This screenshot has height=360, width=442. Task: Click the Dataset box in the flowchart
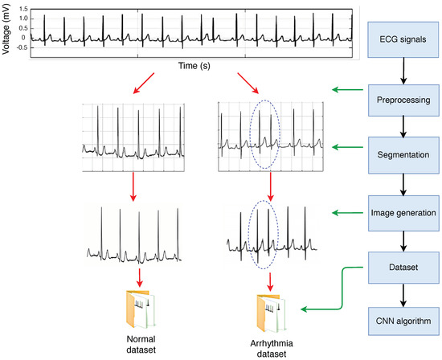point(403,264)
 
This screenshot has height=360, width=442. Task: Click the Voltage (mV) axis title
point(6,30)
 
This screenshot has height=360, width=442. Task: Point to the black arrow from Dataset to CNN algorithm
point(403,293)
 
